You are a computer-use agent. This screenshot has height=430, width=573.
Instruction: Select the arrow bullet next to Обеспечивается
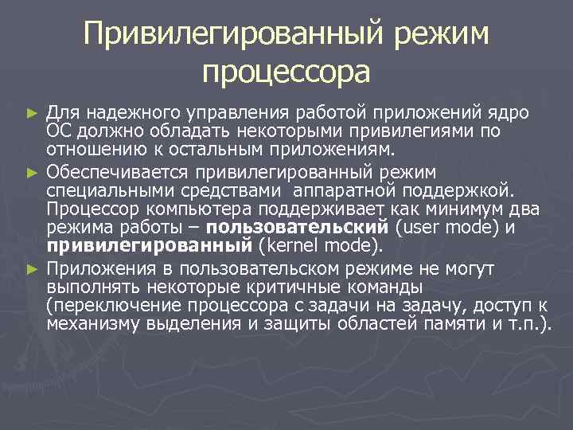[x=32, y=171]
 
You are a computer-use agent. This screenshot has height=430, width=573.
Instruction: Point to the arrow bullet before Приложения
[x=32, y=268]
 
